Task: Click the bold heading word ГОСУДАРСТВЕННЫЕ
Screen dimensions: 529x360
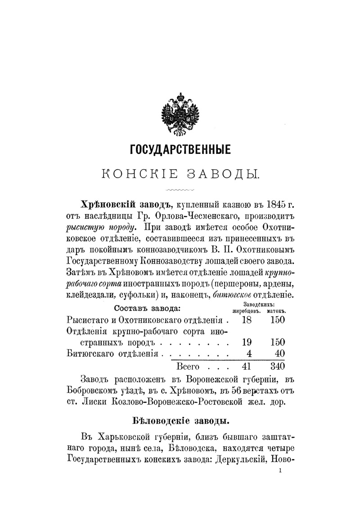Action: click(180, 148)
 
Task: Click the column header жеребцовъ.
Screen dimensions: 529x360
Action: click(247, 310)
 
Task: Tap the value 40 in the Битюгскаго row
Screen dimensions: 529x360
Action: click(279, 354)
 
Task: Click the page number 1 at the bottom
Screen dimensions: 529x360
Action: click(280, 471)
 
